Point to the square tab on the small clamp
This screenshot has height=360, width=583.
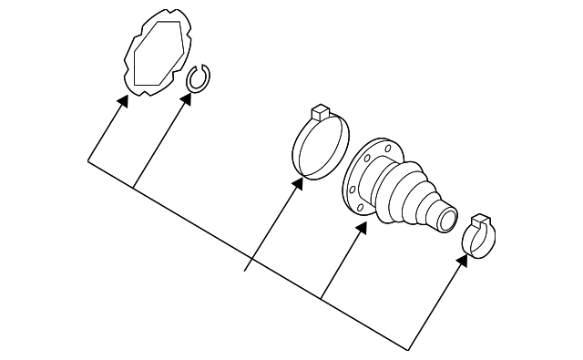(482, 221)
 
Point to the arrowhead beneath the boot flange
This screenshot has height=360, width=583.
(362, 228)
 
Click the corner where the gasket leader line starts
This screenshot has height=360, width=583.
(88, 161)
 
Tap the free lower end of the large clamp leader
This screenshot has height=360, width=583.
(246, 271)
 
